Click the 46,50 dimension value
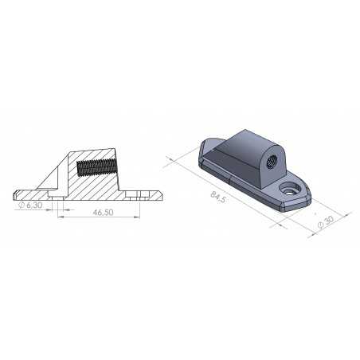[101, 213]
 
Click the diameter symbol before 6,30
[20, 205]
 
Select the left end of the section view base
[15, 194]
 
